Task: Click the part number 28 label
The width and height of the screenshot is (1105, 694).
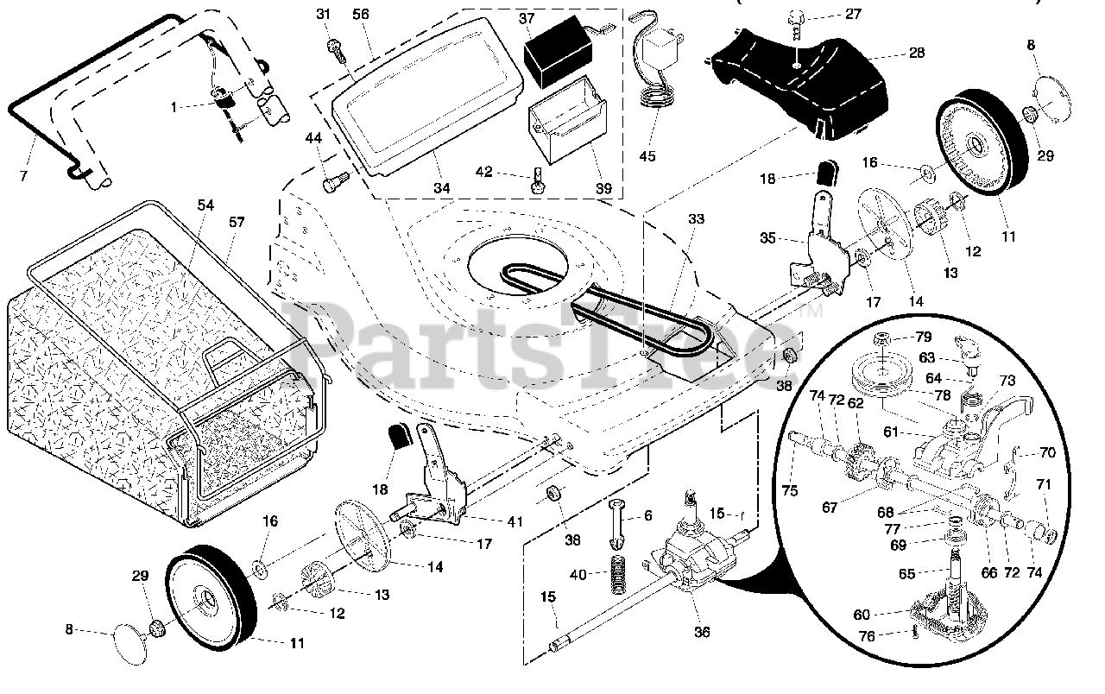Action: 917,53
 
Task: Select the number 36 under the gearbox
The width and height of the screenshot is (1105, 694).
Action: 702,632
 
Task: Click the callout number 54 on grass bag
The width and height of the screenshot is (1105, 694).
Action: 205,205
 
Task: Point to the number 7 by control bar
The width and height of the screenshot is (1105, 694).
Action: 23,175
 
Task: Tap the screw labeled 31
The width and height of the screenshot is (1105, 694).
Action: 338,47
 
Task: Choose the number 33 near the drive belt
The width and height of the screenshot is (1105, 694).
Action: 697,218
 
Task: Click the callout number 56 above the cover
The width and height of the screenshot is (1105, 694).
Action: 361,15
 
